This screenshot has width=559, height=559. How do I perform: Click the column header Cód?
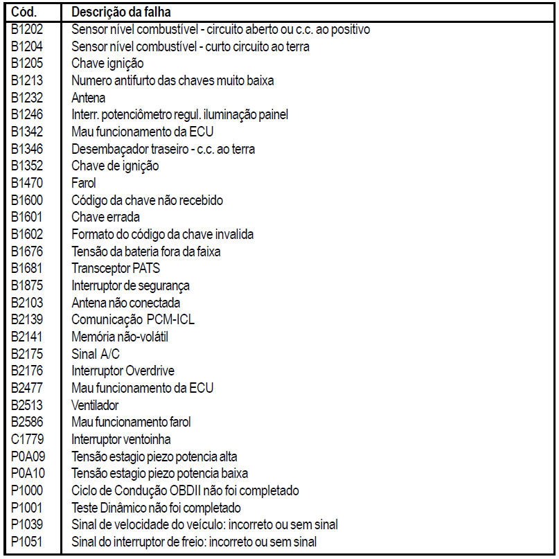click(26, 12)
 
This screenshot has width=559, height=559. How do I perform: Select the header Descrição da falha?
click(121, 12)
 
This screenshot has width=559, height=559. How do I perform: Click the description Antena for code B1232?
click(89, 98)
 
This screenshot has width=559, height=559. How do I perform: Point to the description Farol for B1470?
click(84, 184)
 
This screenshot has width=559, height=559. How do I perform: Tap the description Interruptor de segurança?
click(131, 285)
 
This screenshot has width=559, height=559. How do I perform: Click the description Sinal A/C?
click(91, 354)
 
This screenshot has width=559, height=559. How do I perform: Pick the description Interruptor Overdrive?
click(123, 371)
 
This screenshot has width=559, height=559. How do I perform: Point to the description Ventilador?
click(96, 405)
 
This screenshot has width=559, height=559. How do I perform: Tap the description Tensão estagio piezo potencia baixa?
click(160, 473)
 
